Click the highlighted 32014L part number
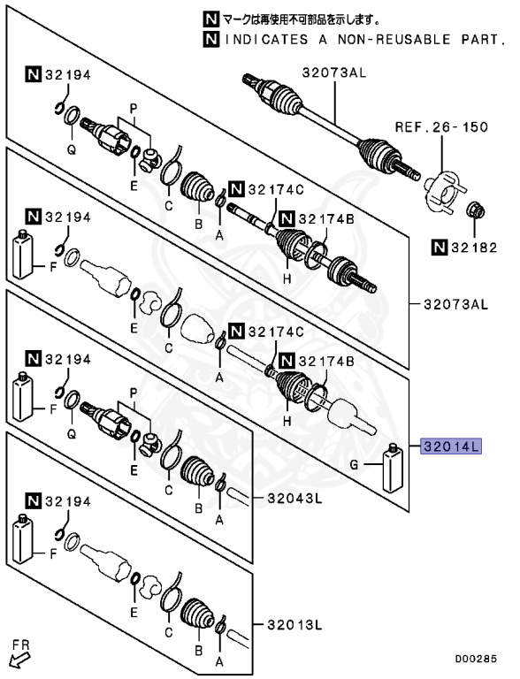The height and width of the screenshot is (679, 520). pos(451,446)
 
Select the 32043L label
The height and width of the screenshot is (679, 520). pos(294,498)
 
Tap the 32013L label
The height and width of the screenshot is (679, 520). pos(294,625)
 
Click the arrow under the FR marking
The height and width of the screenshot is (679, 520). pos(16,659)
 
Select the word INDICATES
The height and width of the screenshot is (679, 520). pos(256,39)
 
